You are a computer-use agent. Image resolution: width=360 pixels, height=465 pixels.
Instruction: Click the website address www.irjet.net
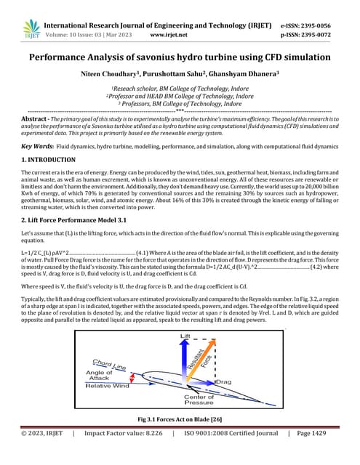tap(167, 34)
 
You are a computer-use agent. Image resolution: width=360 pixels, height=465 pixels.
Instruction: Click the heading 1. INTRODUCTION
tap(49, 159)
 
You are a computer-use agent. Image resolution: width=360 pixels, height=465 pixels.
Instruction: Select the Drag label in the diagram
tap(223, 381)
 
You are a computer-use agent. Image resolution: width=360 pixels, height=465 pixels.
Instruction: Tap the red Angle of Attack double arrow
tap(133, 377)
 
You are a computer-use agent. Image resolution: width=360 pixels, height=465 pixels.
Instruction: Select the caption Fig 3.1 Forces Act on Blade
tap(180, 420)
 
